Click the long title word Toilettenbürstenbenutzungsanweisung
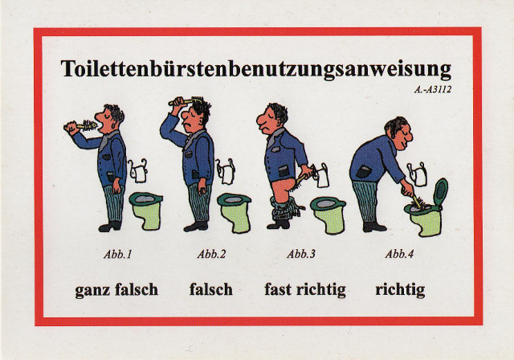click(x=256, y=69)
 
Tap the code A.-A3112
click(x=432, y=90)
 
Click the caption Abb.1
click(x=118, y=255)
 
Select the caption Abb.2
click(x=211, y=255)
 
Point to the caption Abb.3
click(x=301, y=254)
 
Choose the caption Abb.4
click(x=399, y=254)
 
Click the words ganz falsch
click(x=116, y=290)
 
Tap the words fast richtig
click(x=305, y=290)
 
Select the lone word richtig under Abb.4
click(x=400, y=290)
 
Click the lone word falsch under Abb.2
click(x=210, y=289)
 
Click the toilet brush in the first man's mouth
click(x=80, y=126)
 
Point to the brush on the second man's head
click(x=186, y=100)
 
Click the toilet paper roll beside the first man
click(x=139, y=173)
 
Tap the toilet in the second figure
click(x=234, y=213)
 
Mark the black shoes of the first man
click(x=110, y=227)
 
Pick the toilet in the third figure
click(x=328, y=215)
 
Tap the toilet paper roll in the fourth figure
click(x=420, y=177)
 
